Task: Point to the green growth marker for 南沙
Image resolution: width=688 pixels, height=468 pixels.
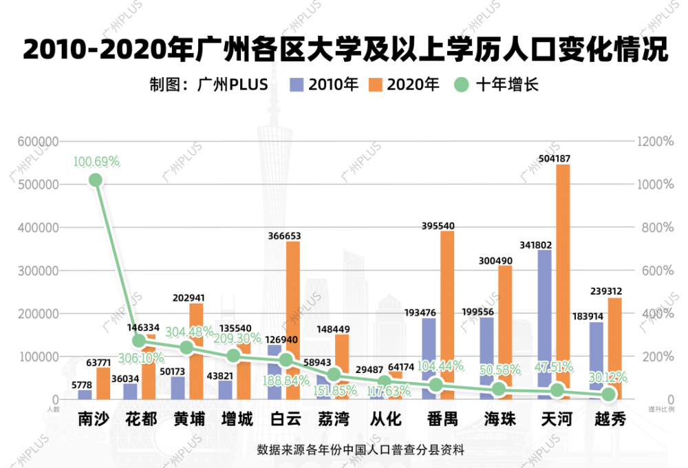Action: (96, 180)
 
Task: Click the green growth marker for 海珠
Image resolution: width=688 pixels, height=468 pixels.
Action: (500, 390)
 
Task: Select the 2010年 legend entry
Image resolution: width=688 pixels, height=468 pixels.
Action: (324, 85)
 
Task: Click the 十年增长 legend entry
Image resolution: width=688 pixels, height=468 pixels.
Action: (495, 85)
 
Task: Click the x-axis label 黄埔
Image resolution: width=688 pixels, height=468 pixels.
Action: (189, 418)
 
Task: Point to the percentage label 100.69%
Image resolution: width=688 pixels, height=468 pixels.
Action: (96, 162)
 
